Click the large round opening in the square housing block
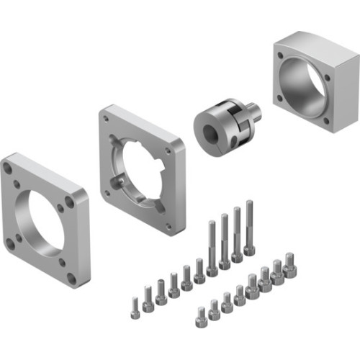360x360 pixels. (x=302, y=84)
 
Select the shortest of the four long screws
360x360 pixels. (x=212, y=248)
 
